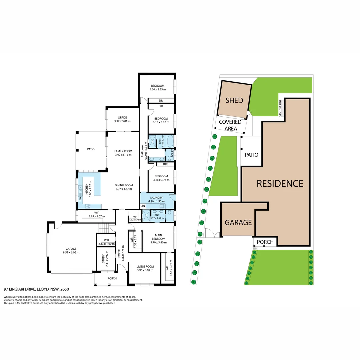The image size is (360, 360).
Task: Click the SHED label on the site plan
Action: pos(234,100)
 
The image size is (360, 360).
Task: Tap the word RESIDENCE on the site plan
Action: pos(280,183)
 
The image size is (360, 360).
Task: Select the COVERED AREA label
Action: pos(230,125)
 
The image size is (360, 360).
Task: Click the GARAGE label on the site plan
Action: pos(238,222)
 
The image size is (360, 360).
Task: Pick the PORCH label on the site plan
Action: pos(265,242)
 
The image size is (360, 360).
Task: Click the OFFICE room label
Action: pos(122,117)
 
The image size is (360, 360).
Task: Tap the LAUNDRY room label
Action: pos(156,198)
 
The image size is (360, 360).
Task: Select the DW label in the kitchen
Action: pos(80,199)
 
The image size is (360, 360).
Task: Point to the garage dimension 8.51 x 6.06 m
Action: pos(71,252)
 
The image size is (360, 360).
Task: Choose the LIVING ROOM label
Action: pos(145,266)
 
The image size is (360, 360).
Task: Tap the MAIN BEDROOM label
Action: pos(158,237)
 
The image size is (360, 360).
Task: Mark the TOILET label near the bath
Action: pos(172,154)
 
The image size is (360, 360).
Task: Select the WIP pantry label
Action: pos(97,213)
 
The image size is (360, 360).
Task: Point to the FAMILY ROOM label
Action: pos(123,151)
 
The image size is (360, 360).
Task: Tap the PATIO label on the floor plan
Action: pos(91,149)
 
